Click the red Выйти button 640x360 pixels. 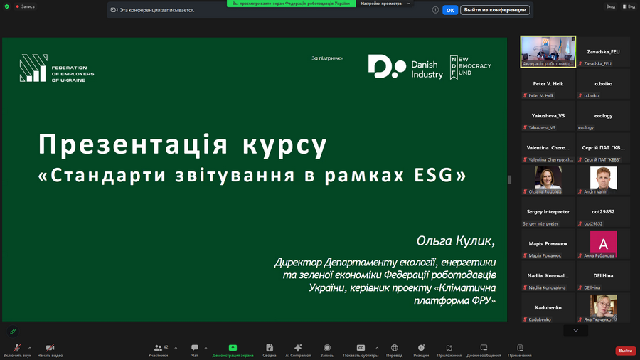coord(625,351)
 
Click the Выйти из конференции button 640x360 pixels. coord(495,10)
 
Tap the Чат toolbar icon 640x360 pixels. coord(195,349)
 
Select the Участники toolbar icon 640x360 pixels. coord(159,349)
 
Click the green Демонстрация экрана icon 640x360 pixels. coord(233,349)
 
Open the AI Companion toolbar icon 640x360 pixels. coord(298,349)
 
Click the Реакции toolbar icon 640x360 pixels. coord(421,349)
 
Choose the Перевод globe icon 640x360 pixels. coord(394,349)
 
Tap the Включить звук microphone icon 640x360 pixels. coord(17,349)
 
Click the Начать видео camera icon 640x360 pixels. coord(50,349)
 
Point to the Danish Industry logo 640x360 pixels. coord(405,67)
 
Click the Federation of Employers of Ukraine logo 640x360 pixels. coord(57,69)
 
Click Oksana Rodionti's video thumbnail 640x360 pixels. coord(548,179)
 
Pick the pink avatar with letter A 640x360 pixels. coord(603,243)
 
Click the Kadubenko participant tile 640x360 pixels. coord(548,307)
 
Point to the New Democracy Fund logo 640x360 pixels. coord(471,67)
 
